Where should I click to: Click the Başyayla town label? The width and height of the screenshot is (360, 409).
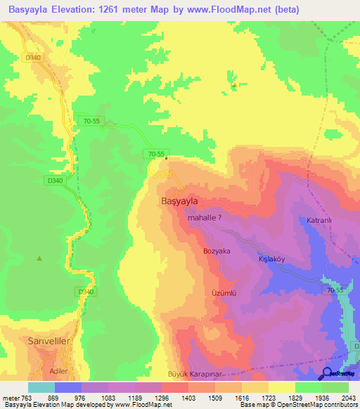coord(179,200)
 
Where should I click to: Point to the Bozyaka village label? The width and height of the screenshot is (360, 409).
coord(217,251)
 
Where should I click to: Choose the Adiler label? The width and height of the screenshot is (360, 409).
coord(54,370)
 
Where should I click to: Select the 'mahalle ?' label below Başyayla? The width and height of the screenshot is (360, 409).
coord(205,219)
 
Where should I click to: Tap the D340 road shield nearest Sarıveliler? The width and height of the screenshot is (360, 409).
coord(85,292)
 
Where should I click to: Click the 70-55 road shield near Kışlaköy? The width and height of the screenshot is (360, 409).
coord(335,290)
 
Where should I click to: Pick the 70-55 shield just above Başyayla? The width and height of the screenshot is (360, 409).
coord(156,154)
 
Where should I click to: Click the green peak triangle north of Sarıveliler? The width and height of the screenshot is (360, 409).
coord(39,259)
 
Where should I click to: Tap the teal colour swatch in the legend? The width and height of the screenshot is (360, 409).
coord(41,387)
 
